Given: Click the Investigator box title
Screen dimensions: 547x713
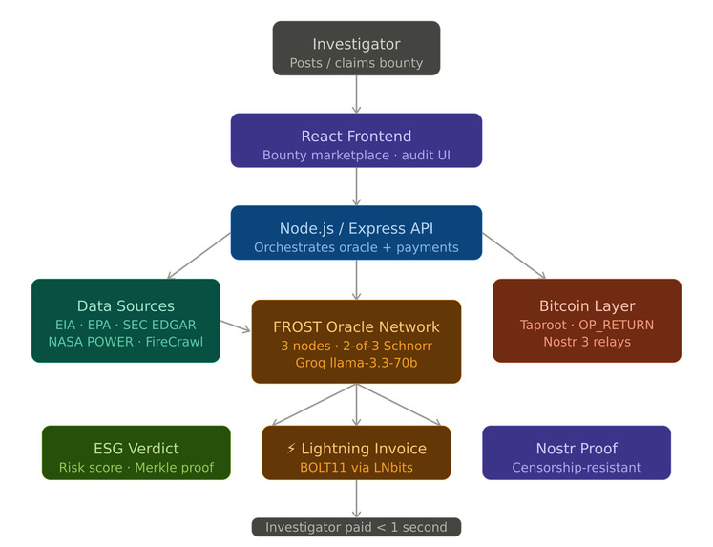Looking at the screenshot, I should pos(356,44).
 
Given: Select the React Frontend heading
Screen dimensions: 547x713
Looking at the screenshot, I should pos(356,136).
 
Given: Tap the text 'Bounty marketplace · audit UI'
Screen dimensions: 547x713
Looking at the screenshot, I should pos(356,155).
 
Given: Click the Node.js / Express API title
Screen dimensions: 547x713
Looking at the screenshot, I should pos(356,228).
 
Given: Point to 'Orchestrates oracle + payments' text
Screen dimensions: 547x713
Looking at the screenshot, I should pos(356,247).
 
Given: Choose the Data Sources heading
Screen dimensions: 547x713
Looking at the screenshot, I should pos(126,306).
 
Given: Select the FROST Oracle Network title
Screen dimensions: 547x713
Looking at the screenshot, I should pos(356,327).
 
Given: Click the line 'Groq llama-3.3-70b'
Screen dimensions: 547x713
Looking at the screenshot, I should pos(356,363).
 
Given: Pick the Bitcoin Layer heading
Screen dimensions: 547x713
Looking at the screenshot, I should pos(587,306).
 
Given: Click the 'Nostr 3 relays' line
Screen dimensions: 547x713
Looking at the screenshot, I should pos(587,342).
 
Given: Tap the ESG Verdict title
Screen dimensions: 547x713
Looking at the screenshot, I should pos(136,448).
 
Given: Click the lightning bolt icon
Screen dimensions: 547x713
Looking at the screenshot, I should pos(292,449).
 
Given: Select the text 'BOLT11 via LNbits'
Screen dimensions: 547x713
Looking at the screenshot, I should pos(356,468).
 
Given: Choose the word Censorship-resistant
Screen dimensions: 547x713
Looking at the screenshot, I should pos(577,468).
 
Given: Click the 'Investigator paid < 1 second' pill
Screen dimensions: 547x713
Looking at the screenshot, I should pos(356,527).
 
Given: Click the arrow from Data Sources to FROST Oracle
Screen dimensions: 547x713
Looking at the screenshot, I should pos(236,327).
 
